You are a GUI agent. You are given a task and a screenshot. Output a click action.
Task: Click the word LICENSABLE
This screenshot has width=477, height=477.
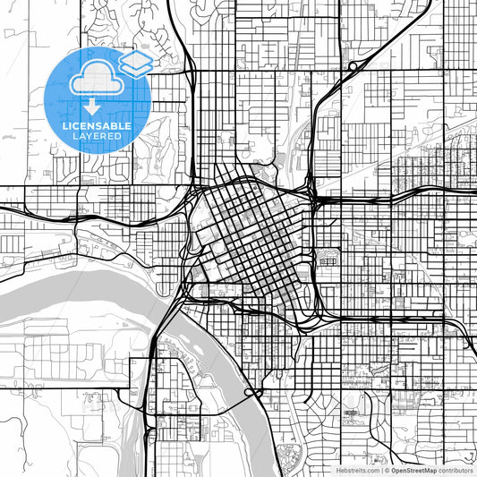[97, 126]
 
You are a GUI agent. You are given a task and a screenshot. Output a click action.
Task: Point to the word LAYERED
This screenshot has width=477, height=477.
[97, 136]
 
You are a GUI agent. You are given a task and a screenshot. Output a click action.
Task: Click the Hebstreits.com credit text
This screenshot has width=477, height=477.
[357, 469]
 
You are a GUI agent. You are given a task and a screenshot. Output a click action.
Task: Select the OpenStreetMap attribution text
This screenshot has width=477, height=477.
[413, 469]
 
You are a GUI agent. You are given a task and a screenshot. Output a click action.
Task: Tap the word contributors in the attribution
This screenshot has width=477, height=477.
[456, 469]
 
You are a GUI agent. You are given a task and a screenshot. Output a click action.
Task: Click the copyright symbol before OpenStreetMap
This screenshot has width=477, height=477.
[386, 469]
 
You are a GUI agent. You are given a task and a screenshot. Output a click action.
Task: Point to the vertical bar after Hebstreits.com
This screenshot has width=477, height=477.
[379, 469]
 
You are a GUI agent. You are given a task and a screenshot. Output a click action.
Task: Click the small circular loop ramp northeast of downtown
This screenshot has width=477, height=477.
[354, 64]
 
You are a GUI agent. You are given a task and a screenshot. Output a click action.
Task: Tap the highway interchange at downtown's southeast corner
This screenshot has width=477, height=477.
[313, 315]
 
